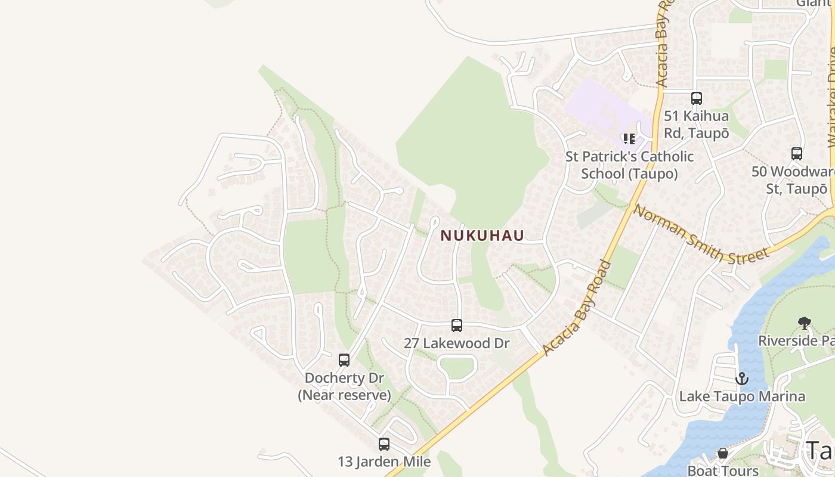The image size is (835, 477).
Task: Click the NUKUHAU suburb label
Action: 482,236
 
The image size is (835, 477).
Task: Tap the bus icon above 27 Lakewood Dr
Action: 457,326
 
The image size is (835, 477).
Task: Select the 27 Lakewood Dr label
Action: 457,343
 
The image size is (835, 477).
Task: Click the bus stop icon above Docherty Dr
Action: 344,360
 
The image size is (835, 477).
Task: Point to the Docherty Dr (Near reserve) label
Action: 344,386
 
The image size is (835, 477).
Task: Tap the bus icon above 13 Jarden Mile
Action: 384,444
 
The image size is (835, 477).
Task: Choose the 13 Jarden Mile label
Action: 384,461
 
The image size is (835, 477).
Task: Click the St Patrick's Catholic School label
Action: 629,165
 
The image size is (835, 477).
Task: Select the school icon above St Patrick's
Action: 629,139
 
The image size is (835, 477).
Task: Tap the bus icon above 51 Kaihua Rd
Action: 697,98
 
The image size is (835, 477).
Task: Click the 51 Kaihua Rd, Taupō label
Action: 697,124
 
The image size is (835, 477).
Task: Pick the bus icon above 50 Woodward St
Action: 797,154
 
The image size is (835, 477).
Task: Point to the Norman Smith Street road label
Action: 701,234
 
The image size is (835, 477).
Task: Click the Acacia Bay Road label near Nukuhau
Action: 577,309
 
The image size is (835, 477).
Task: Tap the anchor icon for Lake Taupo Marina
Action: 741,379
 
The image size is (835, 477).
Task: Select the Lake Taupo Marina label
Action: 742,396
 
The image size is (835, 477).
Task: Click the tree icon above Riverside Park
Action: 805,323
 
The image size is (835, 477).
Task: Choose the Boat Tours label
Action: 723,470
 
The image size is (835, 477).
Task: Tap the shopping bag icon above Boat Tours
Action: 723,454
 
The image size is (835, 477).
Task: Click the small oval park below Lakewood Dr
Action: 457,367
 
